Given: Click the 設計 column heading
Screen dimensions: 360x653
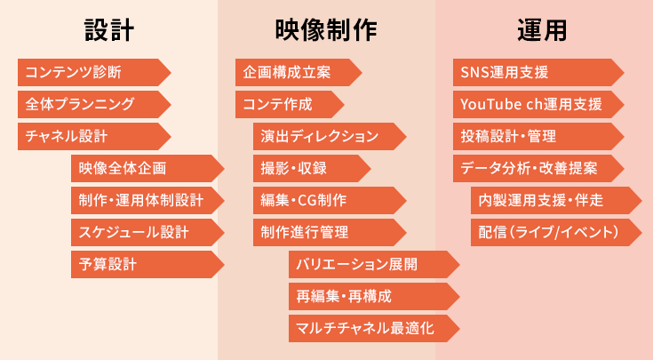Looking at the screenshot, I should (x=109, y=31).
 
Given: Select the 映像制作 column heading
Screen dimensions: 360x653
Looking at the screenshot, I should (x=326, y=31).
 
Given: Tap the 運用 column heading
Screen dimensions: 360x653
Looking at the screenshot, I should (x=542, y=31).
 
